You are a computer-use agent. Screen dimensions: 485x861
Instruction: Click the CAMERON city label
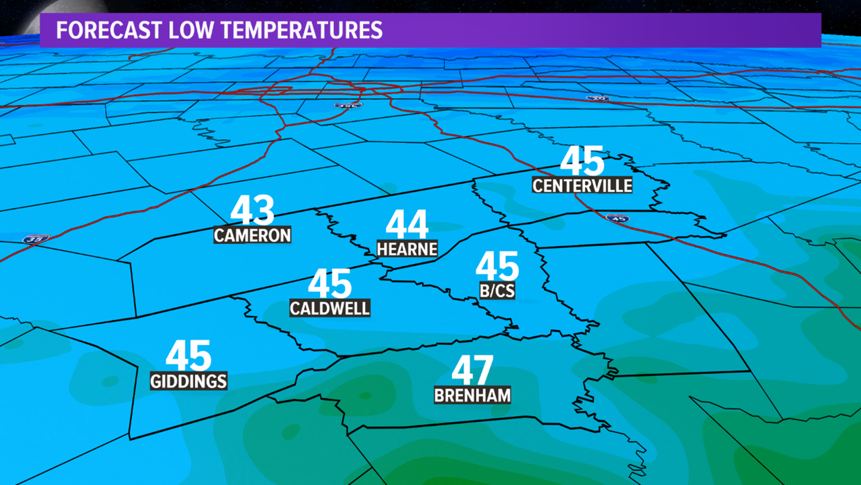252,235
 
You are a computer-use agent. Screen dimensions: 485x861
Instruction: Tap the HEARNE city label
407,249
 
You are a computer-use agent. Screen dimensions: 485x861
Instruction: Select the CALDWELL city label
330,309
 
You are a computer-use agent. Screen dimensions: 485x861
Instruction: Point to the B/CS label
497,291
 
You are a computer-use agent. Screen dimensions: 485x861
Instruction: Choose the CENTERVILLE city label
582,185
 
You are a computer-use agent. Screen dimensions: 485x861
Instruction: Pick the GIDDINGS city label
188,381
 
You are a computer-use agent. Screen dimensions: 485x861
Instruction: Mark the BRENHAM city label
472,396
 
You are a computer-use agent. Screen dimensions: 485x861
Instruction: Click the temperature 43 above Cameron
252,210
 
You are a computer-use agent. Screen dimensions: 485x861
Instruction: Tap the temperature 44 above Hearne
407,225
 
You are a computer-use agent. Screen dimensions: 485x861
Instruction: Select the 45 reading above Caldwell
330,284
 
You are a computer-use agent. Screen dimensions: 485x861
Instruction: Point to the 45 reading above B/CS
497,266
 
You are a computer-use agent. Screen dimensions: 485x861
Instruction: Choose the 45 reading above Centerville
582,161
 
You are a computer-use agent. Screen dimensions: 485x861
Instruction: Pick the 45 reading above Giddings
188,356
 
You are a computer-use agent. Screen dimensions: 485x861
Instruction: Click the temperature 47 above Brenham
472,370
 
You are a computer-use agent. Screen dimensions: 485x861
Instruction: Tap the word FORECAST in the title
109,31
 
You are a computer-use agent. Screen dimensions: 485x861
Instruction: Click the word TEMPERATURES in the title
302,31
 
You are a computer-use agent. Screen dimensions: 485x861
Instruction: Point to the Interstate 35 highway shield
35,239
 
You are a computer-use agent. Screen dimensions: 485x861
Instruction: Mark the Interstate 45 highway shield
617,219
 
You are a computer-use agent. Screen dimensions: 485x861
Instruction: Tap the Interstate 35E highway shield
348,106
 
